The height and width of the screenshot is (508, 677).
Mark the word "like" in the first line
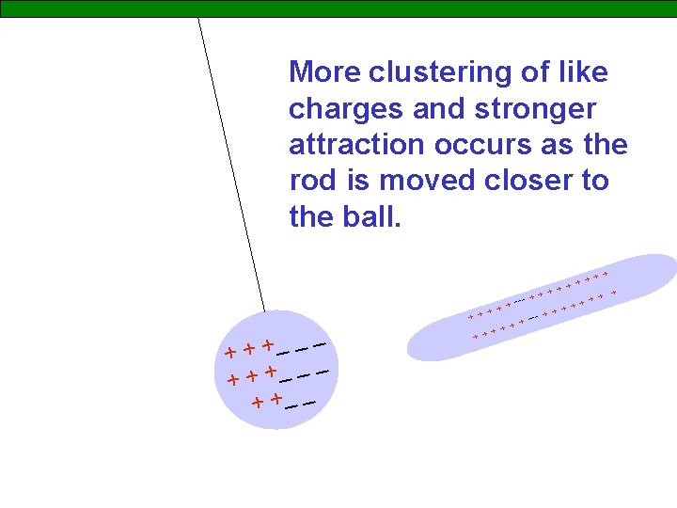point(583,71)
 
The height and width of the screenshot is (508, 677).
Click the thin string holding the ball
point(230,160)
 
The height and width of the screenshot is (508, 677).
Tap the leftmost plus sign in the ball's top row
point(230,353)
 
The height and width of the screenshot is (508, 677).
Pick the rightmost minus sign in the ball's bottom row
point(308,404)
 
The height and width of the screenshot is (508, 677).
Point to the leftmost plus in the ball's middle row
point(233,381)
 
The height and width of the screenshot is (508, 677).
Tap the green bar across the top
point(338,8)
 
